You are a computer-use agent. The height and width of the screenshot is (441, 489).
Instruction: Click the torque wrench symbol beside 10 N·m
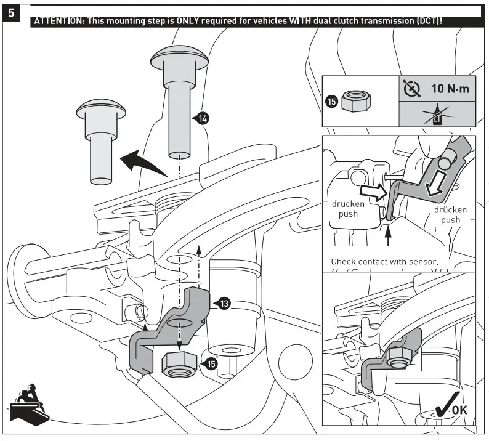click(x=411, y=89)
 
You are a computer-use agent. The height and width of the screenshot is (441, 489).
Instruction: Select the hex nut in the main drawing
click(x=181, y=363)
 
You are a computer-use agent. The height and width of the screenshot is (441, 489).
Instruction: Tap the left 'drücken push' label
click(x=348, y=209)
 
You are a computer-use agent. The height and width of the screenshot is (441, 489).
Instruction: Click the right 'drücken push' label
click(x=450, y=214)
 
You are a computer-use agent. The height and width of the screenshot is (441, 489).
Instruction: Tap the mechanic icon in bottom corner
click(x=28, y=407)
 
